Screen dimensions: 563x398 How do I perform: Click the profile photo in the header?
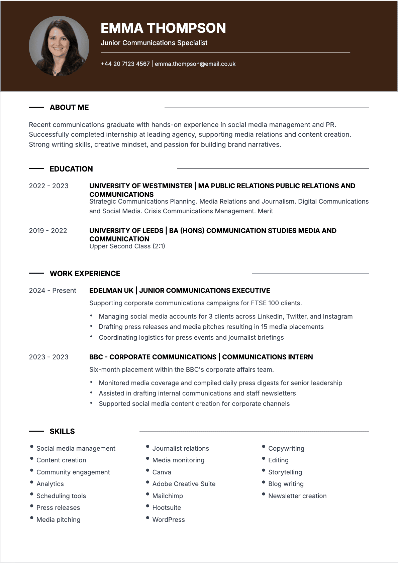tap(59, 46)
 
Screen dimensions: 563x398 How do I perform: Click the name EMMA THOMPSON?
tap(163, 28)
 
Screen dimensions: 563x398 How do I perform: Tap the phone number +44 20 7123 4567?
tap(125, 64)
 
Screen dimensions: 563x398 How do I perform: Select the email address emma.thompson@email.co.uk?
tap(195, 64)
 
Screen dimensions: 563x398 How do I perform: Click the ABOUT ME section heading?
tap(69, 107)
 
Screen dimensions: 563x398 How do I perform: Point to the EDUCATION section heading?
tap(71, 169)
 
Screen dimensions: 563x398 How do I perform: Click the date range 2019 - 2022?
tap(48, 231)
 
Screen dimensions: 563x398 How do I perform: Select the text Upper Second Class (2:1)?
tap(127, 246)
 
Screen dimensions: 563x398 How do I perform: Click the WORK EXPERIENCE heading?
tap(85, 273)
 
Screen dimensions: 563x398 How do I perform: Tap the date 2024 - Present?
tap(53, 291)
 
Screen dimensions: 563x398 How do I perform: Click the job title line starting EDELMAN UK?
tap(180, 291)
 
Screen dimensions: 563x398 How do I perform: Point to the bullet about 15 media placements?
tap(211, 327)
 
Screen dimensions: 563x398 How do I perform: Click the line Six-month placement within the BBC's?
tap(181, 369)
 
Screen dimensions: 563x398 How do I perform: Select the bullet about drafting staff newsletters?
tap(197, 393)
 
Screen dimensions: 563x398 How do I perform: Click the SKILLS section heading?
tap(62, 431)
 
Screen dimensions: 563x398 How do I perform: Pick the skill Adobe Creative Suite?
tap(184, 484)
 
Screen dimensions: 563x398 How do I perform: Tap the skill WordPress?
tap(168, 520)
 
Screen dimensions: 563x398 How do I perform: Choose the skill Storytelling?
tap(285, 472)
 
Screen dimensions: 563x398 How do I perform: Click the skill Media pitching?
tap(58, 520)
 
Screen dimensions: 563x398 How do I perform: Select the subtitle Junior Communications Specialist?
tap(154, 43)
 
